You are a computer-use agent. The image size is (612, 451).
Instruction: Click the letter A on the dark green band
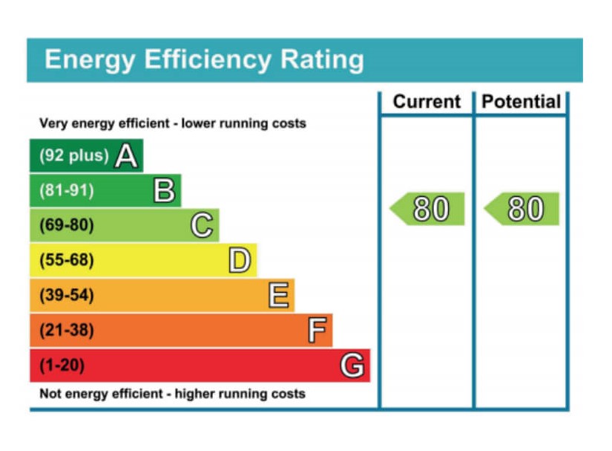click(126, 156)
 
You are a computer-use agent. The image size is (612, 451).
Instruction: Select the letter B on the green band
click(164, 191)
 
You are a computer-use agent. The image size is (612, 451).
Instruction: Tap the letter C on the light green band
click(202, 225)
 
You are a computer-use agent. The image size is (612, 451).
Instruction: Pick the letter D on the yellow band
click(239, 260)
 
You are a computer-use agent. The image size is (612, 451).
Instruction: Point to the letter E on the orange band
click(278, 296)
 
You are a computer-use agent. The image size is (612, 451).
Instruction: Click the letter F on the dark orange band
click(317, 331)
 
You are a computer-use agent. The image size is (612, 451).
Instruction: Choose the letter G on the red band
click(352, 366)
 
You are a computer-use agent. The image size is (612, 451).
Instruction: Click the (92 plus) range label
click(73, 156)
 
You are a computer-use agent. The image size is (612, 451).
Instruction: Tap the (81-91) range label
click(66, 191)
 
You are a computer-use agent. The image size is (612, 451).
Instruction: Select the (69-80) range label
click(66, 225)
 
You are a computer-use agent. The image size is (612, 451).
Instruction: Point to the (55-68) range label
click(66, 261)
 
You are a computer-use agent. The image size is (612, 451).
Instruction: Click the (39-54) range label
click(66, 296)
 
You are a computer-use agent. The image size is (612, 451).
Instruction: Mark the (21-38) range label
click(66, 331)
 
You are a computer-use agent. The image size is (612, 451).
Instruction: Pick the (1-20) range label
click(62, 366)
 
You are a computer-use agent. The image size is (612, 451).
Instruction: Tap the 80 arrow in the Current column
click(430, 210)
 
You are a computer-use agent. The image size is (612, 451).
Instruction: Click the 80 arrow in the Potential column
click(524, 210)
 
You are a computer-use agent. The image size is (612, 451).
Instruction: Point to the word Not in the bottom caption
click(50, 394)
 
